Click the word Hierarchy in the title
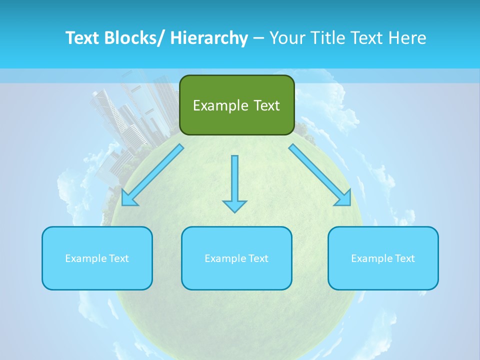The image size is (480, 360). click(x=209, y=38)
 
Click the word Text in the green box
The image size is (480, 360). click(x=266, y=105)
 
